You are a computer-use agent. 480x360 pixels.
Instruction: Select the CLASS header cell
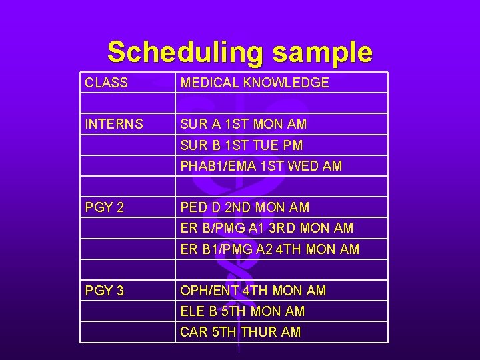coord(107,83)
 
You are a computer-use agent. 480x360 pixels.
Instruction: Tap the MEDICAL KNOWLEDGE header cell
coord(255,83)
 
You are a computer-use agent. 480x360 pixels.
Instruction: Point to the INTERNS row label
coord(114,124)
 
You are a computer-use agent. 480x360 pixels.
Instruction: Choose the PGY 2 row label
coord(105,207)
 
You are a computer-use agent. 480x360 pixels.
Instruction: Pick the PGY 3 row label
coord(105,291)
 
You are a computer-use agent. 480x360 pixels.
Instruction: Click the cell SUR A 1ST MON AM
coord(243,124)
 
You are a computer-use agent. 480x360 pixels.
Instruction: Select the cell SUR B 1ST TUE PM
coord(241,145)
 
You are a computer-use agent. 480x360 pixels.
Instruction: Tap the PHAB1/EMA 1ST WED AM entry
coord(261,166)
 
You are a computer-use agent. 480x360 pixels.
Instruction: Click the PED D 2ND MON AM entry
coord(245,207)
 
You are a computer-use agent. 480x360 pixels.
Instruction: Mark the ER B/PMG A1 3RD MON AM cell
coord(267,228)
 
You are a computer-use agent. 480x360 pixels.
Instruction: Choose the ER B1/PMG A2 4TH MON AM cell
coord(269,249)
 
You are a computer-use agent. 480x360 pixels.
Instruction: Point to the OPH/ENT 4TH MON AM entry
coord(253,291)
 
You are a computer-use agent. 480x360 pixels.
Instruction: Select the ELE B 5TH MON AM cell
coord(242,311)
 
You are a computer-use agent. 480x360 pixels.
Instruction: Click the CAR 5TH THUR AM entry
coord(240,332)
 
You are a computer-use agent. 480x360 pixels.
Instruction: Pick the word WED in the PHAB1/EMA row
coord(303,166)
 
